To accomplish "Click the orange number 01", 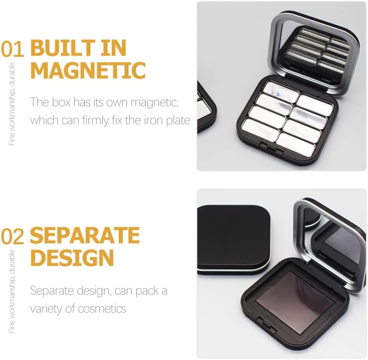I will coord(12,49).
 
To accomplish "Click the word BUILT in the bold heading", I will coord(53,49).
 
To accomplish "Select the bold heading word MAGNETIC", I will coord(88,70).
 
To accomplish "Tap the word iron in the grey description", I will coord(149,120).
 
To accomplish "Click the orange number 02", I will coord(12,236).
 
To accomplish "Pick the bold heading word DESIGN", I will coord(72,258).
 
